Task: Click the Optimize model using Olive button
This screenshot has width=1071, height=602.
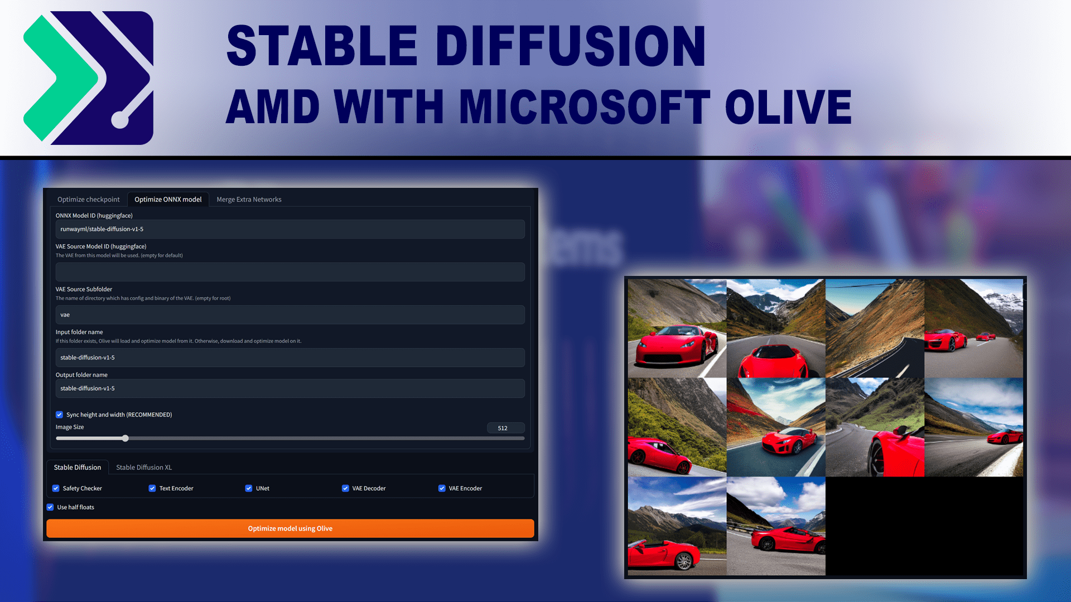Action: click(290, 528)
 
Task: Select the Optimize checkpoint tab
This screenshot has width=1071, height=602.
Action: click(88, 200)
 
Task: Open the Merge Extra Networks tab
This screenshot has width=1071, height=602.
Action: click(249, 200)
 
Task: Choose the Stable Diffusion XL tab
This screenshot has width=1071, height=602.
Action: click(144, 467)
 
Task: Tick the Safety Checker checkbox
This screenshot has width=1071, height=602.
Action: click(56, 488)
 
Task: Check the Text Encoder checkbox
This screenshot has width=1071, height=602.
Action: click(152, 488)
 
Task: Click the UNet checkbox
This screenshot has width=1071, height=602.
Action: click(249, 488)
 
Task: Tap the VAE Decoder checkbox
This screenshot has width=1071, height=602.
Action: click(345, 488)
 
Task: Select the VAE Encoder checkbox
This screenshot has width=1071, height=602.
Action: click(442, 488)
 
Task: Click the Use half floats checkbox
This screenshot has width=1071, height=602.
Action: click(50, 507)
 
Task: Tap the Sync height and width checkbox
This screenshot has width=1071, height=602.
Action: click(59, 415)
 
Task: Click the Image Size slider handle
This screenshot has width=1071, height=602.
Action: click(126, 438)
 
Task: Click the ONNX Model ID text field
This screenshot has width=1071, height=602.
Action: click(290, 229)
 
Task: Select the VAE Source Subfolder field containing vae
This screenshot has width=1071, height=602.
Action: click(290, 315)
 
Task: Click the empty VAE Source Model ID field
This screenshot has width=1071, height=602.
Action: click(290, 272)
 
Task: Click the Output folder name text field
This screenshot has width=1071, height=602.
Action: click(290, 389)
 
